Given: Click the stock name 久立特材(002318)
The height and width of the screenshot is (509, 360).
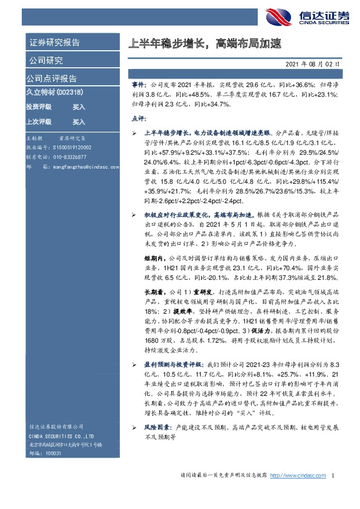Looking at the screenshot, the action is [54, 92].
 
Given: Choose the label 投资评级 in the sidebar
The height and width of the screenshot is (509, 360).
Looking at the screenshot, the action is [38, 106].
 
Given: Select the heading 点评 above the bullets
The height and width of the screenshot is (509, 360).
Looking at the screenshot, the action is [138, 118].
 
